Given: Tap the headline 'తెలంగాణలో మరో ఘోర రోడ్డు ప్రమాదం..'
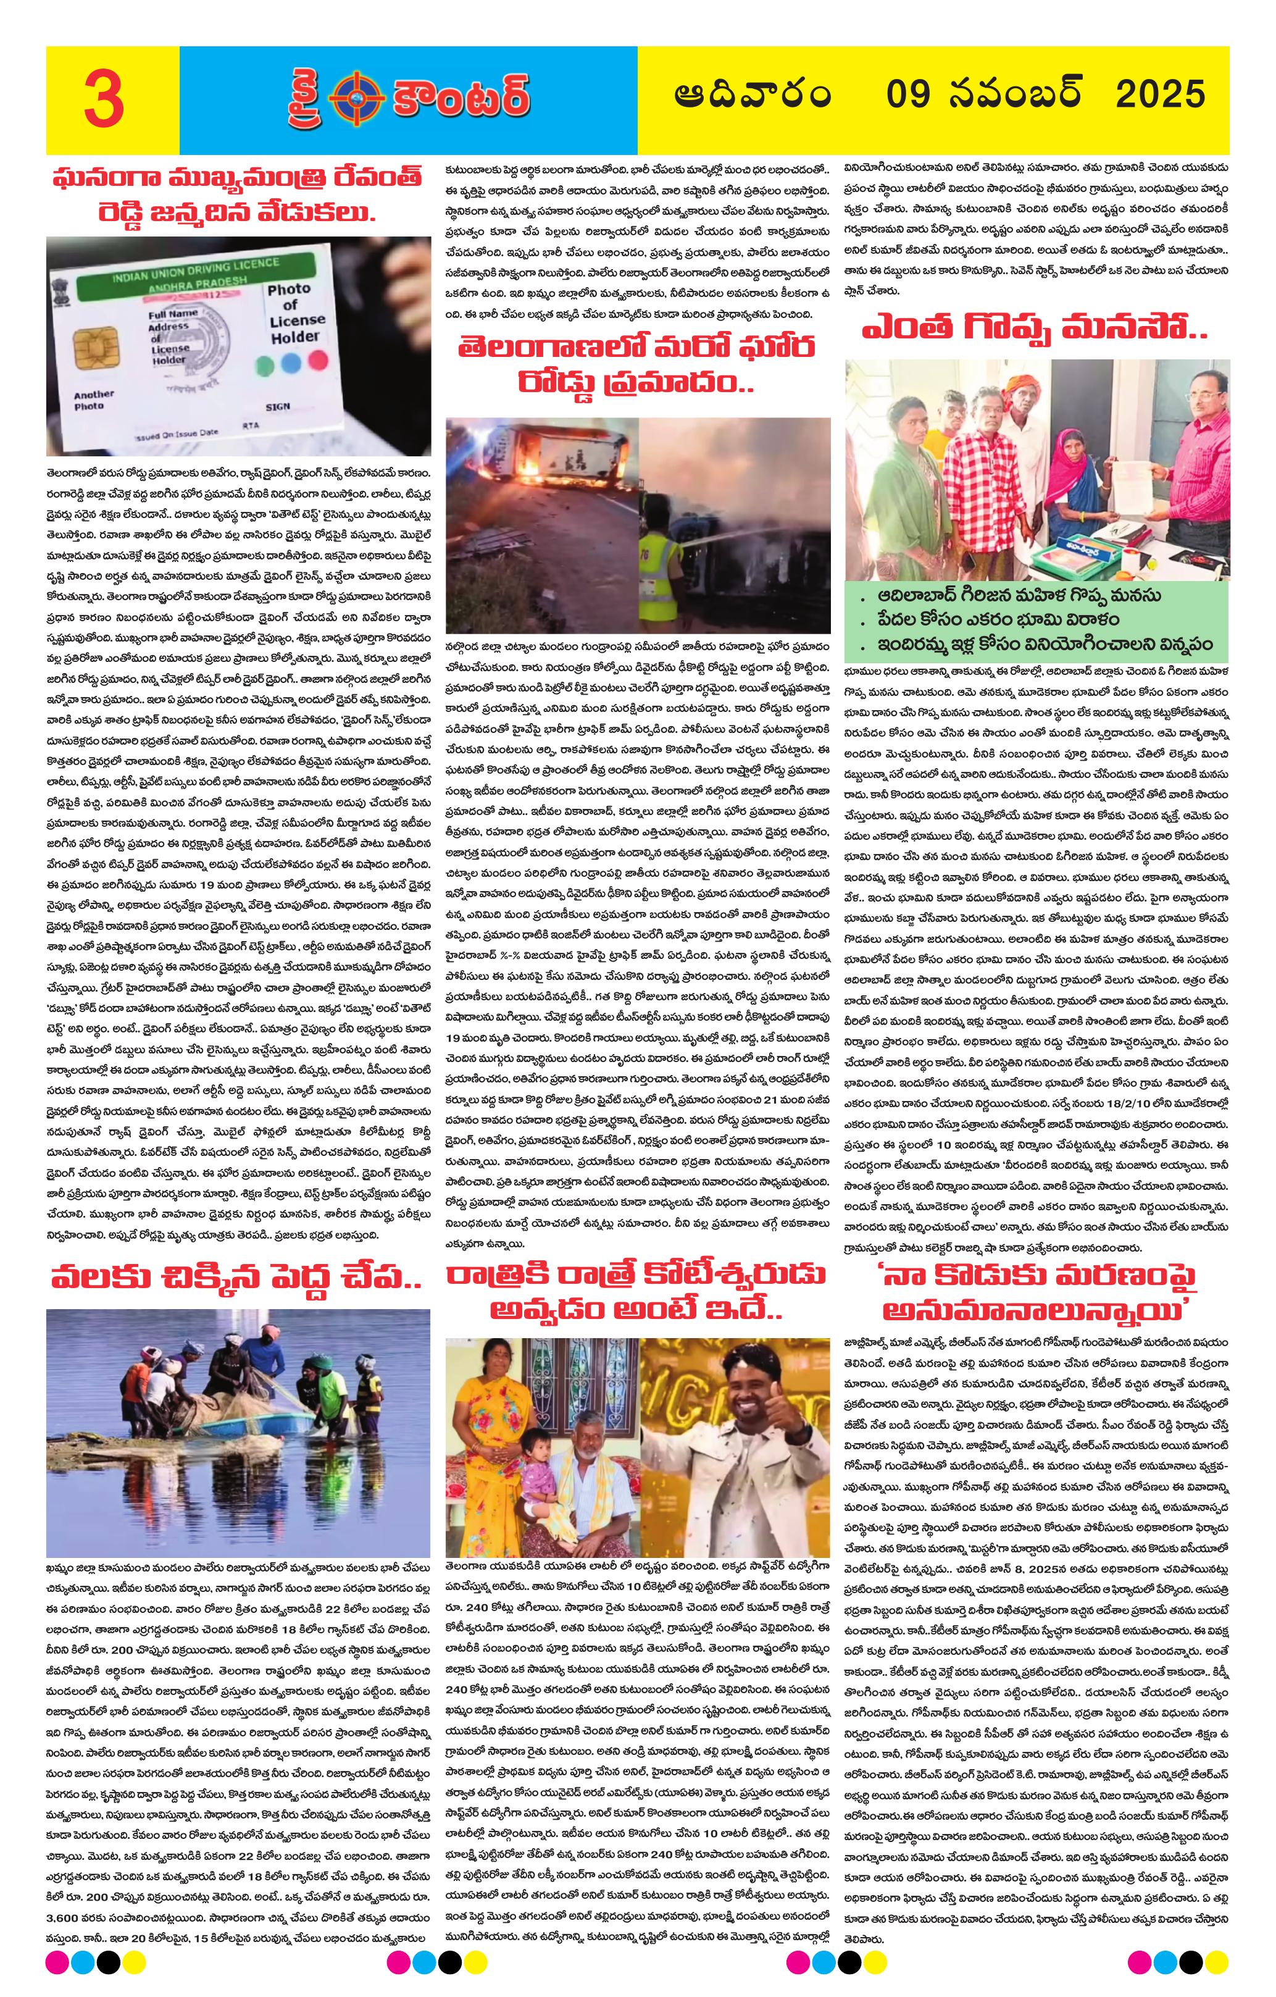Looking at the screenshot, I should pyautogui.click(x=636, y=365).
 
